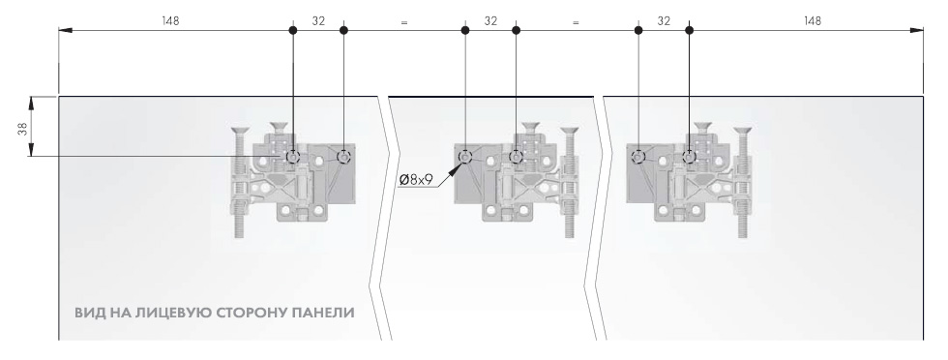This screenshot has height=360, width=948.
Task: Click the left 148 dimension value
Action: point(170,20)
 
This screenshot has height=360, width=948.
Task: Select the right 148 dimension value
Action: point(813,20)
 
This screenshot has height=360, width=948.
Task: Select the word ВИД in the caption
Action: point(88,314)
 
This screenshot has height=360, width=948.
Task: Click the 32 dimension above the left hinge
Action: point(318,20)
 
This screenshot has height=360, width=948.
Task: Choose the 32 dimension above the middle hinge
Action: point(490,20)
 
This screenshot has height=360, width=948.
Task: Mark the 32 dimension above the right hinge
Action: point(663,20)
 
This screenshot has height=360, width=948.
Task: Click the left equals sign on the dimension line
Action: point(403,21)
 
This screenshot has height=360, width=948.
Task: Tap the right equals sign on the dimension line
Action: point(576,21)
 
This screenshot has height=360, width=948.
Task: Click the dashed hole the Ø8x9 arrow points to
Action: point(465,156)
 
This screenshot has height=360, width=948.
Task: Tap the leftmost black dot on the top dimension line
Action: point(293,31)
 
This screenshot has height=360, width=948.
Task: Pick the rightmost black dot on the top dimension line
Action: point(689,31)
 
